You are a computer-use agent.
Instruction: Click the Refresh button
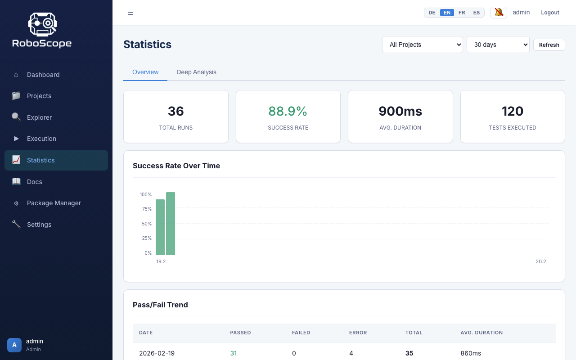549,45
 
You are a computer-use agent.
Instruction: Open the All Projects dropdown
422,45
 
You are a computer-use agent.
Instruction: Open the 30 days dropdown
498,45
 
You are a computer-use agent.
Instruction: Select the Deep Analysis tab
196,72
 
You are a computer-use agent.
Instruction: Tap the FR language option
462,13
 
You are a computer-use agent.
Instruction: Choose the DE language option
432,13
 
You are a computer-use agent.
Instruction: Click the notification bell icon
499,13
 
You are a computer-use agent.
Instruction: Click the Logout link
550,13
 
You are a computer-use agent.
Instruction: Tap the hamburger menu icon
130,13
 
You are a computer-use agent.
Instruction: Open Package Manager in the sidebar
54,203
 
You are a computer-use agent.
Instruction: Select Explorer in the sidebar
39,117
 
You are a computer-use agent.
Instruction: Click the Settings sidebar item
39,225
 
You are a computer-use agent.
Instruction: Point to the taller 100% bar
171,224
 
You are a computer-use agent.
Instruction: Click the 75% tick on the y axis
147,209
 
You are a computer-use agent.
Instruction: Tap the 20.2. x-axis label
541,261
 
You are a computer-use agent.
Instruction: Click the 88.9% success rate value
288,111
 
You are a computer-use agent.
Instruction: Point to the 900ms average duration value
400,111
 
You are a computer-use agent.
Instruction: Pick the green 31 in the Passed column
234,353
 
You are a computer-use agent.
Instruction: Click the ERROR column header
358,333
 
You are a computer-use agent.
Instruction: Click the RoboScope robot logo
42,24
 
